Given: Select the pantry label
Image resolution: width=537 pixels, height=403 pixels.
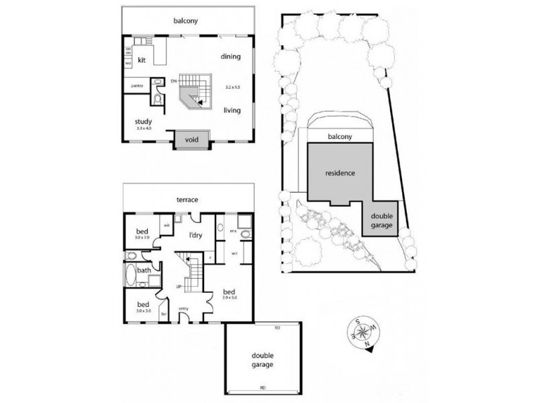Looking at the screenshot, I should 137,86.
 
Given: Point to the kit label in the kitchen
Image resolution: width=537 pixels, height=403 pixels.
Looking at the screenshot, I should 142,60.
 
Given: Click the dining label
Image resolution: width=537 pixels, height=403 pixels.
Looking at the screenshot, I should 230,56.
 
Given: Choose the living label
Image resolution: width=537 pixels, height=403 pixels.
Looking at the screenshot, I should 232,111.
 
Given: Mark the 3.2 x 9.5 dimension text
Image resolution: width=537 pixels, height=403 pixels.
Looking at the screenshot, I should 232,87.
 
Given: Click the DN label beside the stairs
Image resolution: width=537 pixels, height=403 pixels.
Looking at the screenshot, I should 173,81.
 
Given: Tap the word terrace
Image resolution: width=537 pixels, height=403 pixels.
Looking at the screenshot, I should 189,199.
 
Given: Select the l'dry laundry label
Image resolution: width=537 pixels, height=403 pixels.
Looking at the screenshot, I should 195,235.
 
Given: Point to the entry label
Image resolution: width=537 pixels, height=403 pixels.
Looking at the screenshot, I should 184,308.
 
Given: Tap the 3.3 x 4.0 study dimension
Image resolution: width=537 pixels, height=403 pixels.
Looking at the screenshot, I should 144,128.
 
